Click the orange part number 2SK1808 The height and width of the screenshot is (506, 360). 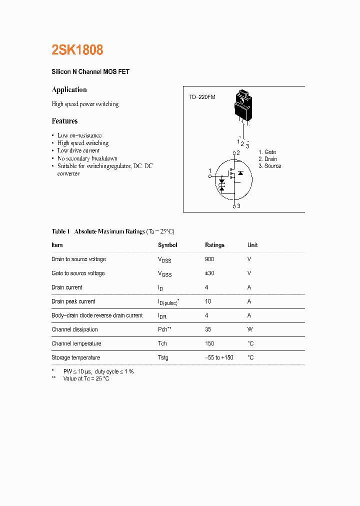click(77, 50)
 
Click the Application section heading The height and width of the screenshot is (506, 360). click(69, 90)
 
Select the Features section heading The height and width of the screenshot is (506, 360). click(64, 121)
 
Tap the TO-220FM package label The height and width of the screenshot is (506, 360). click(202, 97)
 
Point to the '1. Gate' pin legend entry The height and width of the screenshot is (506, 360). click(267, 152)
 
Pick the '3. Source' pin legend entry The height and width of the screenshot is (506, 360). click(269, 166)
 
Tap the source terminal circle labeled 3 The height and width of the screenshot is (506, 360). click(234, 206)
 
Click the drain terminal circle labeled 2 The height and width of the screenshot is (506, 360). click(234, 152)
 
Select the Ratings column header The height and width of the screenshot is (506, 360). click(214, 245)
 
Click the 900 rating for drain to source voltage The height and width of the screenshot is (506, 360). click(209, 259)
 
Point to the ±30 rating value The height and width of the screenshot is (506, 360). click(210, 273)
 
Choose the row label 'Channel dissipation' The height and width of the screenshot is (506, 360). click(74, 329)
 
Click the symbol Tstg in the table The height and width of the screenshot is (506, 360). click(163, 357)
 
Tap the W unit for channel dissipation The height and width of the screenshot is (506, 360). click(249, 329)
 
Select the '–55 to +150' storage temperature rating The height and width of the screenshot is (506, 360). click(219, 357)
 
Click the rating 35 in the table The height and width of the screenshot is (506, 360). click(208, 329)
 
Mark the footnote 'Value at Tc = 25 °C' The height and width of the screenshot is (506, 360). click(86, 379)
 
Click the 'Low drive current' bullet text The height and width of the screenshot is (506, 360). click(78, 150)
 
